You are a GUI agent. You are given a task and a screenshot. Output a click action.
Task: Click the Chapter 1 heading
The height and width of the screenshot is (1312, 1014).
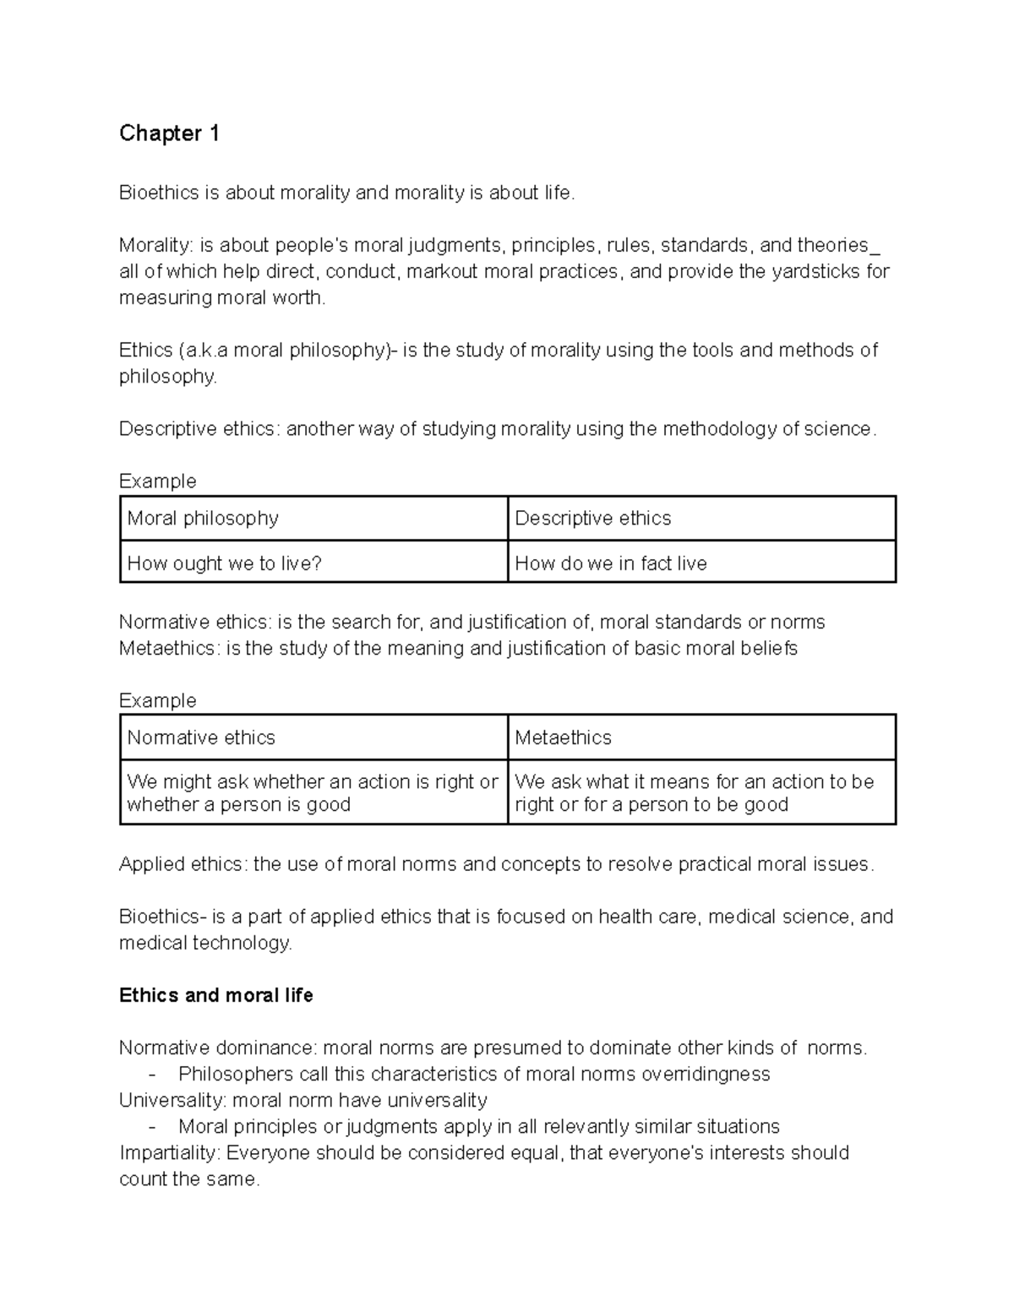click(x=169, y=133)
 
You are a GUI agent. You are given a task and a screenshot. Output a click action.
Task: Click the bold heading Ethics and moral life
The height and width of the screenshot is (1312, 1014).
click(x=215, y=995)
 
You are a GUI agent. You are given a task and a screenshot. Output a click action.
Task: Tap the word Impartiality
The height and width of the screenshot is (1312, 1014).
click(x=168, y=1152)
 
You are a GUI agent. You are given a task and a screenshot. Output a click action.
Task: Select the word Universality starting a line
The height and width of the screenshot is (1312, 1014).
click(x=172, y=1100)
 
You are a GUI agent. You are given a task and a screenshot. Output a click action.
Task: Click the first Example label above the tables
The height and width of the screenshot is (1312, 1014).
click(x=157, y=481)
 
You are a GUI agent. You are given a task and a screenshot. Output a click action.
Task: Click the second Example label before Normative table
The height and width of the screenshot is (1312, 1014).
click(x=157, y=700)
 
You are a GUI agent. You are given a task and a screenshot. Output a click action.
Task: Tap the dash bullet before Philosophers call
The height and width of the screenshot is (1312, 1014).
click(x=152, y=1074)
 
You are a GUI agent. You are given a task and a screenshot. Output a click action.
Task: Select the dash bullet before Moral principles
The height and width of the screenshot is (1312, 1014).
click(x=152, y=1126)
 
